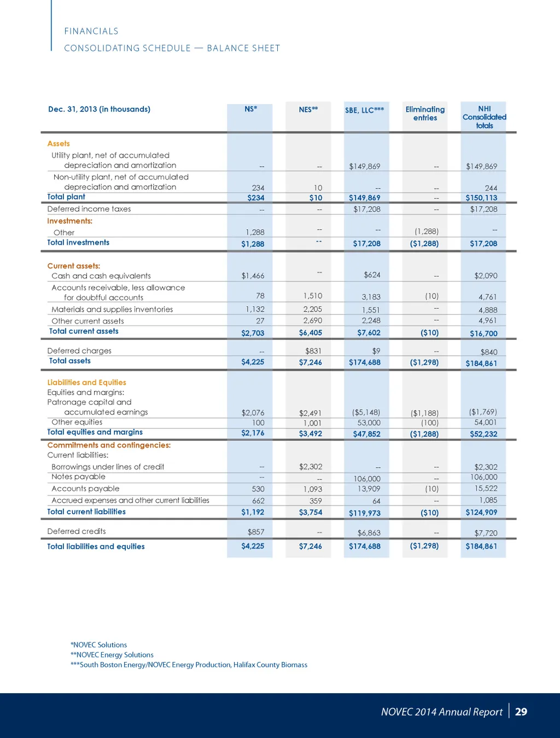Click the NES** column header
tap(308, 109)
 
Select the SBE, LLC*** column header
tap(364, 110)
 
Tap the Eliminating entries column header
tap(425, 113)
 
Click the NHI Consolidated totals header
tap(484, 117)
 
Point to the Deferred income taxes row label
tap(89, 209)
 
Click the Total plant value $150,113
tap(481, 198)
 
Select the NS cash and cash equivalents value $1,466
tap(253, 276)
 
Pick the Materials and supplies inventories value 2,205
tap(312, 309)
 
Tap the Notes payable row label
tap(78, 477)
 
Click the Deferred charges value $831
tap(313, 351)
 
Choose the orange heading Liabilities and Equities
tap(86, 382)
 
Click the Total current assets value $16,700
tap(483, 333)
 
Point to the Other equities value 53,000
tap(369, 423)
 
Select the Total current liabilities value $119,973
tap(364, 513)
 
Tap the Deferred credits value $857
tap(256, 532)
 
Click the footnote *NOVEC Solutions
tap(98, 645)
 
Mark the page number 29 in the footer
tap(521, 712)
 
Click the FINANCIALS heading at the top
tap(91, 31)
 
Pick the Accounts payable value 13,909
tap(369, 489)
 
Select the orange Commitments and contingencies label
tap(109, 445)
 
